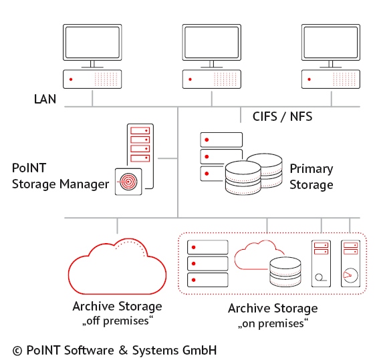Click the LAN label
(x=45, y=99)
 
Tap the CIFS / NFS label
(x=282, y=117)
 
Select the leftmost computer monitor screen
(x=92, y=42)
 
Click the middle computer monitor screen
(x=212, y=42)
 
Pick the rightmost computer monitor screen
(x=331, y=42)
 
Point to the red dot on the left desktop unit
(x=71, y=79)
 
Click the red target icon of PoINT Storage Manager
(x=128, y=182)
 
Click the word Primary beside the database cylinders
(x=311, y=169)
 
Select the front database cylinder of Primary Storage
(x=243, y=178)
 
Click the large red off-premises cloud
(x=117, y=266)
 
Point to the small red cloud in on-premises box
(x=256, y=256)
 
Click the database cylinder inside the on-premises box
(x=285, y=272)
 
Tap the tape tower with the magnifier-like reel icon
(x=321, y=264)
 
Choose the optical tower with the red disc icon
(x=350, y=264)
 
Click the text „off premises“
(x=118, y=321)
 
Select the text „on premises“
(x=273, y=323)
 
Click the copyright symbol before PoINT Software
(x=17, y=351)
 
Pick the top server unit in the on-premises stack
(x=208, y=247)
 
